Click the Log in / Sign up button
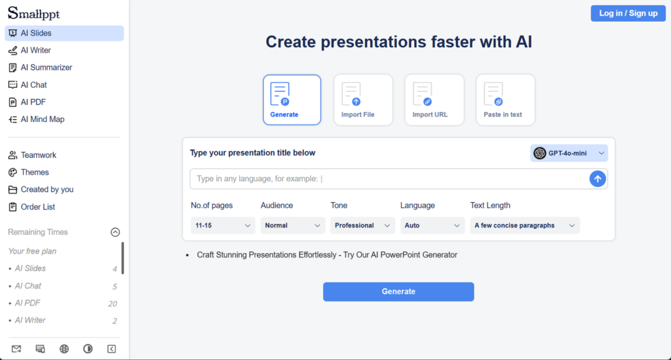tap(628, 13)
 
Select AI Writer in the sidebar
tap(35, 50)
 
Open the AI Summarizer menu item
tap(46, 68)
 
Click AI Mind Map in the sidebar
tap(42, 119)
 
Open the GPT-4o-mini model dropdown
tap(569, 153)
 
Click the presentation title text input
tap(390, 179)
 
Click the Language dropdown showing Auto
tap(432, 226)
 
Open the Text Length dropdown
tap(524, 226)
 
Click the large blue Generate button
tap(398, 292)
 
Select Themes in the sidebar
tap(35, 172)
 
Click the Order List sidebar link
tap(38, 207)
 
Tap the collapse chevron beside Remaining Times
tap(115, 232)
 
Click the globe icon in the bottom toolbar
tap(64, 349)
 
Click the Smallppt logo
tap(33, 12)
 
